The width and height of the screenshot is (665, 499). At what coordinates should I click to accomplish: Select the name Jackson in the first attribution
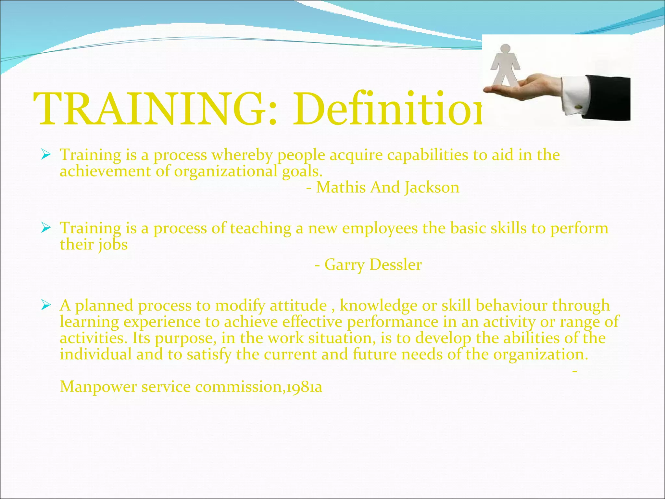click(x=432, y=187)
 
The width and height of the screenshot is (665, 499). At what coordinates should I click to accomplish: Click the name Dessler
click(x=395, y=264)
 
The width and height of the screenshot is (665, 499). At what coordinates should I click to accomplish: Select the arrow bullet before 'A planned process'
click(x=46, y=305)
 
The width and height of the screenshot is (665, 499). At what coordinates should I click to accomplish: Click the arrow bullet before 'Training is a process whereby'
click(x=46, y=155)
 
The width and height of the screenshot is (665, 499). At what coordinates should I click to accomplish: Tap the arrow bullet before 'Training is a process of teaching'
click(x=46, y=228)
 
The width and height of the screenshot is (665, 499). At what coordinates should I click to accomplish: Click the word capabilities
click(x=427, y=155)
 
